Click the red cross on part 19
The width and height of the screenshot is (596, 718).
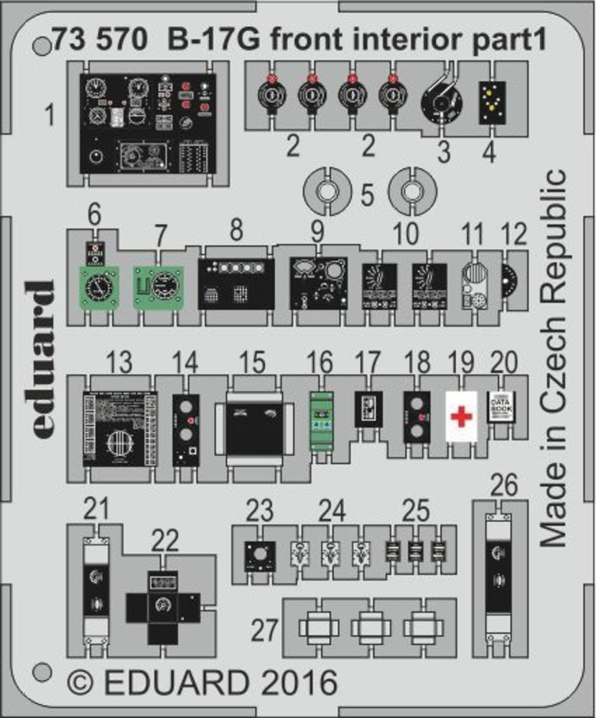pyautogui.click(x=462, y=416)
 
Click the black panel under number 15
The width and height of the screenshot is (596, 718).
pyautogui.click(x=255, y=429)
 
